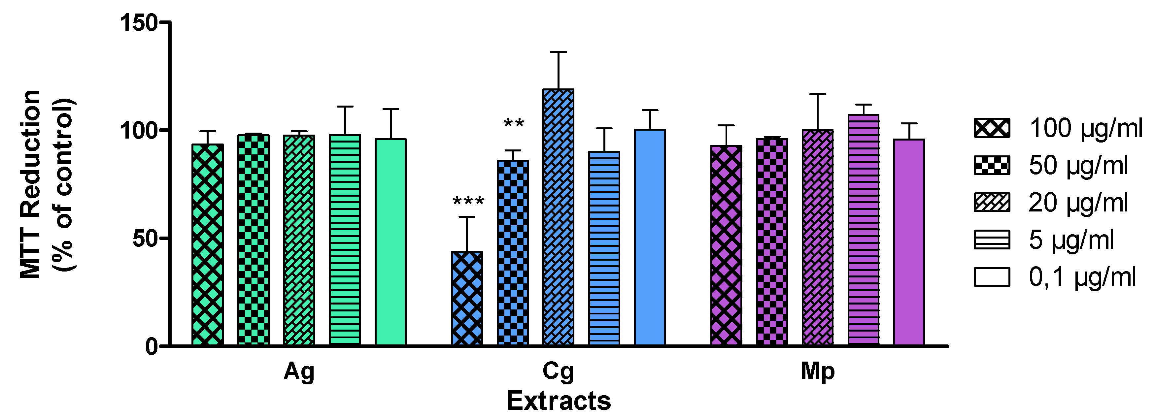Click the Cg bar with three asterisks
click(467, 299)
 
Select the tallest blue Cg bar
click(558, 217)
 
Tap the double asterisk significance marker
click(514, 123)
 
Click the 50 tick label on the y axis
click(145, 239)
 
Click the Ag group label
click(299, 371)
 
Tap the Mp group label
click(818, 371)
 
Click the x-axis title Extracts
click(559, 401)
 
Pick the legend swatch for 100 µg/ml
click(992, 128)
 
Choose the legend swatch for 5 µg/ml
click(992, 240)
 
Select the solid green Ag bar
click(390, 242)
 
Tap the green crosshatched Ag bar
click(207, 245)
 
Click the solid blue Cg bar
click(650, 238)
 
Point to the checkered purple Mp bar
click(772, 242)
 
